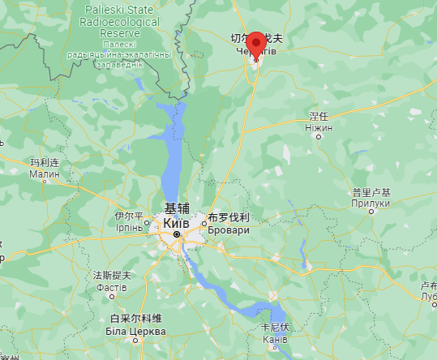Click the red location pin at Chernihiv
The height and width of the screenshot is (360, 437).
pos(256,44)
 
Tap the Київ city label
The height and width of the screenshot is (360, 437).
pos(177,222)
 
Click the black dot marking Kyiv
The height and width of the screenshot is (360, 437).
pos(177,234)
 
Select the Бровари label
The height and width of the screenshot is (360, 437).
pos(228,230)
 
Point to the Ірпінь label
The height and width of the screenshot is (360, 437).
pos(129,229)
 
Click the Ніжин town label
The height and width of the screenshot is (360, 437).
pos(318,127)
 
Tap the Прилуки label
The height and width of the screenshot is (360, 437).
pos(371,204)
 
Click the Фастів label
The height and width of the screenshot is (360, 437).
pos(112,287)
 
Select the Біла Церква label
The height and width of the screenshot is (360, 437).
pos(136,331)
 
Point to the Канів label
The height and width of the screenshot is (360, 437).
pos(274,340)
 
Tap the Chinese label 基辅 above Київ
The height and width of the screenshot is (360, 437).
pos(177,208)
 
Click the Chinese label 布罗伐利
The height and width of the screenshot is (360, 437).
pos(229,218)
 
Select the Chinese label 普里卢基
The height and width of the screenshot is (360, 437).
pos(371,193)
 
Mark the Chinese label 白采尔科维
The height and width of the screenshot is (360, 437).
pos(135,319)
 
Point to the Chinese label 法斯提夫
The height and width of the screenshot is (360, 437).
pos(112,276)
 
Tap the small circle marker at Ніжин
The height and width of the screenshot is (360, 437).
pos(319,136)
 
